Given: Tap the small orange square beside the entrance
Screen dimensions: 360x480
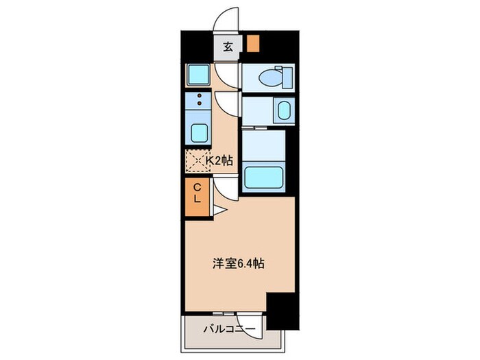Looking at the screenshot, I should tap(254, 44).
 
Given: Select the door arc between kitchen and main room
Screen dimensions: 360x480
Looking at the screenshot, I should tap(226, 183).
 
